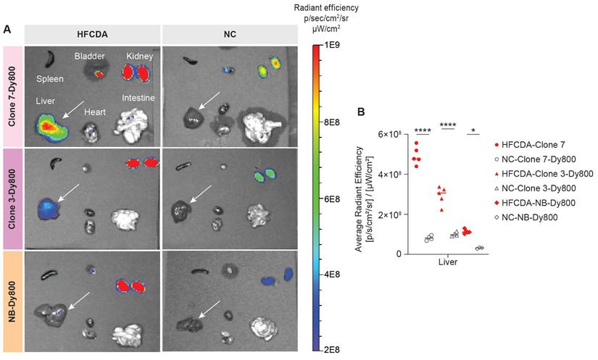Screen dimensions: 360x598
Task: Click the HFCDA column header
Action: [x=91, y=35]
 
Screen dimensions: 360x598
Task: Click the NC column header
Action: [x=231, y=35]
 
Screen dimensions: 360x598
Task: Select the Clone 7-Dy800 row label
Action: [x=12, y=97]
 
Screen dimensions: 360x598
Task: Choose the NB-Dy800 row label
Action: [x=12, y=301]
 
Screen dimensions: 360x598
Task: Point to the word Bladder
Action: [x=91, y=56]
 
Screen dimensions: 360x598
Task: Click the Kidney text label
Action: [x=139, y=56]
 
